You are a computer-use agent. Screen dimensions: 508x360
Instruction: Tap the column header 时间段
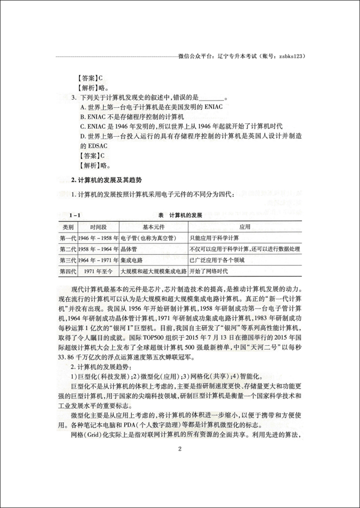pyautogui.click(x=98, y=227)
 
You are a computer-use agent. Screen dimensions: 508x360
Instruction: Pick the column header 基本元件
pyautogui.click(x=153, y=227)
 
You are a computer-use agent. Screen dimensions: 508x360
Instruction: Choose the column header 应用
pyautogui.click(x=245, y=227)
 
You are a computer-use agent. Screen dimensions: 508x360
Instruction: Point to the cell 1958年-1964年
pyautogui.click(x=98, y=249)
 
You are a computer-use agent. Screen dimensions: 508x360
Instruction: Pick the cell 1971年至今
pyautogui.click(x=98, y=271)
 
